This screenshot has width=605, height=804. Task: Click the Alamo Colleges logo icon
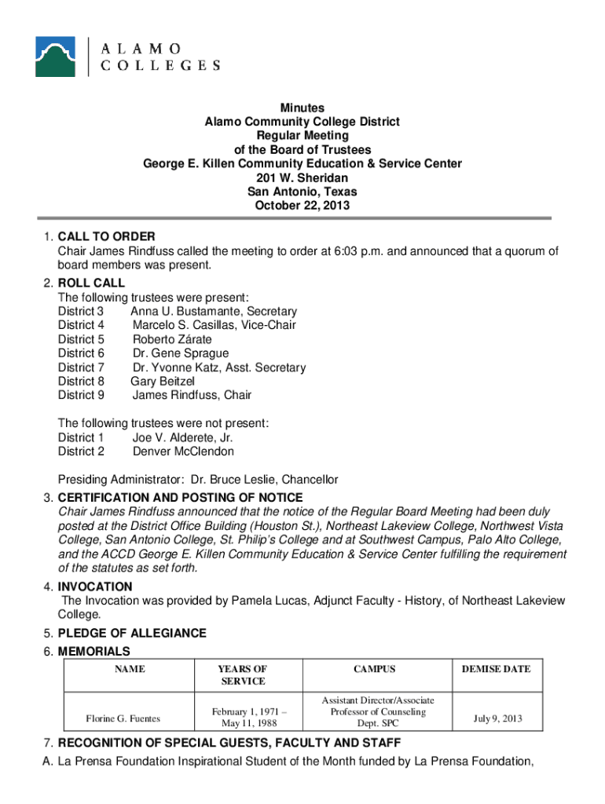click(x=55, y=57)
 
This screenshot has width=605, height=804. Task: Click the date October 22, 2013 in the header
click(x=302, y=206)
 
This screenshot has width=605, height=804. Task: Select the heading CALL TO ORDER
click(x=107, y=237)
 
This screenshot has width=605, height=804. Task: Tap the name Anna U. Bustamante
click(x=185, y=311)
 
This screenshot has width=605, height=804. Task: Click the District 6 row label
click(x=81, y=353)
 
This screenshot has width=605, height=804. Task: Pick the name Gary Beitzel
click(x=163, y=382)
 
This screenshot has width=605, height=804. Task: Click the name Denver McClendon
click(x=183, y=451)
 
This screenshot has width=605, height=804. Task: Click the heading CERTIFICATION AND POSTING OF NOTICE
click(x=180, y=498)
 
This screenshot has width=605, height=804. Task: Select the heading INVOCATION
click(x=95, y=587)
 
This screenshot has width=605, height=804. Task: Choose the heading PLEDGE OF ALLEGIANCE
click(x=132, y=634)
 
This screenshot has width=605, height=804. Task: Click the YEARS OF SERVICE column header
click(x=243, y=675)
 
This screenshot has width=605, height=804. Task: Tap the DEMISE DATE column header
click(x=496, y=669)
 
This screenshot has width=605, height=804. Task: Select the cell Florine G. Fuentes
click(x=123, y=718)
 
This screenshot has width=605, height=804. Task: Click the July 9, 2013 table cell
click(x=497, y=718)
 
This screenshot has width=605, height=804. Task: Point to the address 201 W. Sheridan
click(x=302, y=178)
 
